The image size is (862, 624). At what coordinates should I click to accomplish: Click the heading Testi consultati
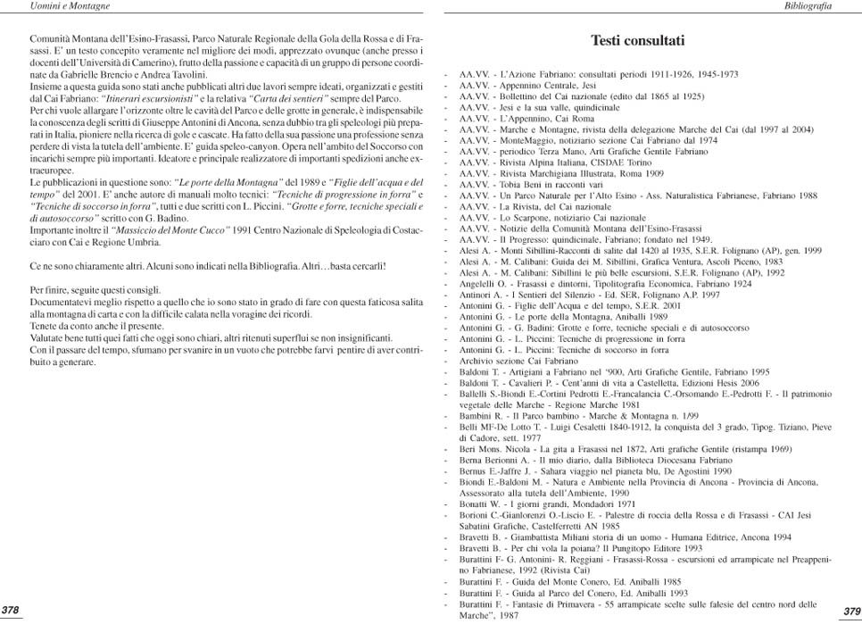(x=637, y=41)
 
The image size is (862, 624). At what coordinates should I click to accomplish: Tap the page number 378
(x=12, y=610)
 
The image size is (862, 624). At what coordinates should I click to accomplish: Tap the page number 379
(x=850, y=611)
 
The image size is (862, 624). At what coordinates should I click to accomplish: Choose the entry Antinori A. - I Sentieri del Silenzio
(x=589, y=294)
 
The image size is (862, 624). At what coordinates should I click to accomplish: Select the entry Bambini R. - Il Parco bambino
(x=571, y=415)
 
